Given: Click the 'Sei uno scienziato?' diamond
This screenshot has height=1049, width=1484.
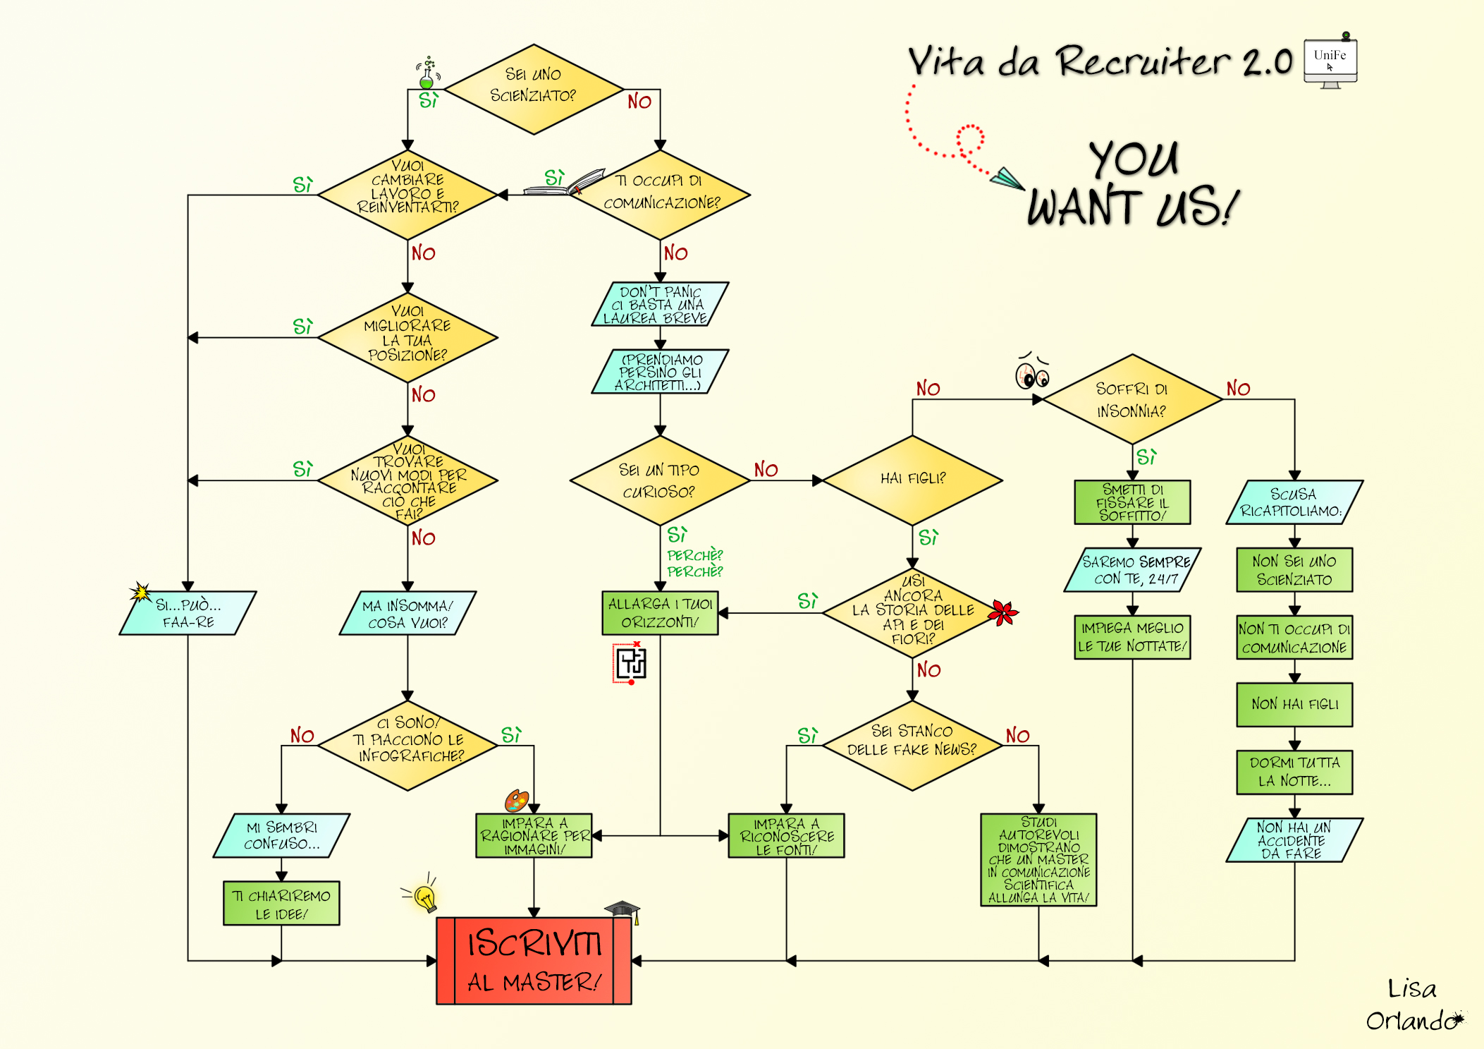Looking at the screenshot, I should coord(534,89).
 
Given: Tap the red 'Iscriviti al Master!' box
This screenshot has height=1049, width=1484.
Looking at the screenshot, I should coord(534,961).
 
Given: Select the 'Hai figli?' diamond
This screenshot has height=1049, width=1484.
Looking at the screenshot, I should coord(912,480).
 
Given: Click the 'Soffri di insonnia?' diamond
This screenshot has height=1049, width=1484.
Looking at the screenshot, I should coord(1132,399).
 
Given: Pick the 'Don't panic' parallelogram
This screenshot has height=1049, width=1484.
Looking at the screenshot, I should coord(660,304).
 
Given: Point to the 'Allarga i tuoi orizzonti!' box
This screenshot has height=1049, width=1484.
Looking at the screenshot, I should coord(660,613).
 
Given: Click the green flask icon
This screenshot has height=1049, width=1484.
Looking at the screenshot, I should coord(427,75).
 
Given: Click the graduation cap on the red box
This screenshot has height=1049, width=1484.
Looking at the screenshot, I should coord(623,909).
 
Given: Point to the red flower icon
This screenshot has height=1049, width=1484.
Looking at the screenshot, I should coord(1003,612).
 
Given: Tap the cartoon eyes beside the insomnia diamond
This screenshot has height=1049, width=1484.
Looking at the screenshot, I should coord(1032,374).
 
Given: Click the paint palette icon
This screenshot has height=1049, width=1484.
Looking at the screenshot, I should coord(516,801).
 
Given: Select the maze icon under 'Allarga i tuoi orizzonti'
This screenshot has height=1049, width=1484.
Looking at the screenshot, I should coord(631,663).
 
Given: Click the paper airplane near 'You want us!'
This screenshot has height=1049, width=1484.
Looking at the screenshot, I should coord(1007,178).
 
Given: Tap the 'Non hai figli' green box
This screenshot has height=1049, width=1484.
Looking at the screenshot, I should coord(1294,704).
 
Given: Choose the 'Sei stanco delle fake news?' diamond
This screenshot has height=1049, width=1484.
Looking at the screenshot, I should coord(912,745).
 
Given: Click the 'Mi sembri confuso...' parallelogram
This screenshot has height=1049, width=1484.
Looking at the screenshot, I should coord(281,835).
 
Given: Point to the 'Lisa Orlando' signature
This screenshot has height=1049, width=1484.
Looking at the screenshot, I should coord(1412,1005).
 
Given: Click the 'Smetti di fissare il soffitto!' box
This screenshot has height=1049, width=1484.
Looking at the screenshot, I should coord(1132,502).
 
